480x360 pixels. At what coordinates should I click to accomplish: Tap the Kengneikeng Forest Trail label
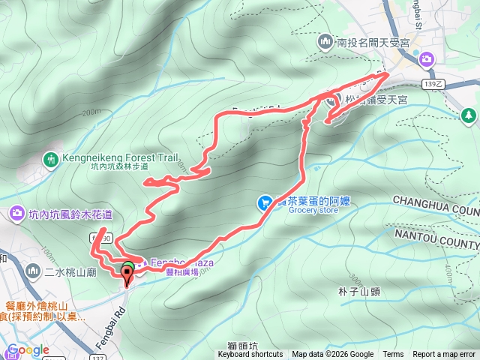[x=121, y=158]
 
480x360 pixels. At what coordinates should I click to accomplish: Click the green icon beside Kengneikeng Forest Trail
[x=52, y=159]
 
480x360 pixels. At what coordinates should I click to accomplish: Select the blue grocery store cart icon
[x=264, y=202]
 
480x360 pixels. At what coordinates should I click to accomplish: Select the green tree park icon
[x=469, y=115]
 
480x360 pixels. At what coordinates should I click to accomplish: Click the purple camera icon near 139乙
[x=426, y=58]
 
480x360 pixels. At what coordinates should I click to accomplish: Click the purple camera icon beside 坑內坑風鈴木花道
[x=16, y=215]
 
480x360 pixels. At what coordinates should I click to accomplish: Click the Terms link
[x=393, y=355]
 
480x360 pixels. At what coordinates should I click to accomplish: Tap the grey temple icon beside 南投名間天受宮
[x=325, y=40]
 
